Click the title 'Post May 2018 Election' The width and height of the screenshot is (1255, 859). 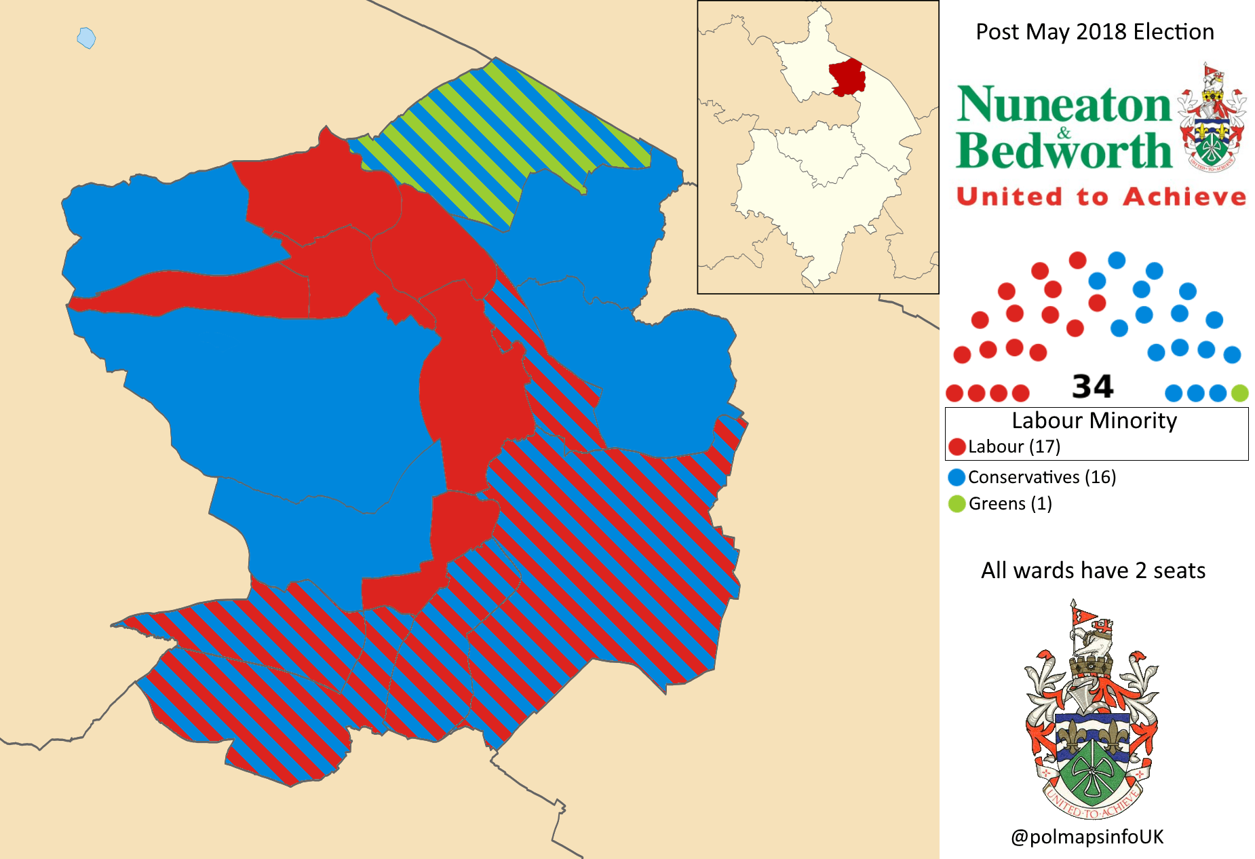[x=1094, y=32]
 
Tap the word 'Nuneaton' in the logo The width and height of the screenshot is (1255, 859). [x=1064, y=105]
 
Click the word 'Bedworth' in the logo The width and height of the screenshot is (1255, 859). [x=1064, y=151]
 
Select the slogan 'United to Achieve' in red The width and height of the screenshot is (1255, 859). [x=1101, y=197]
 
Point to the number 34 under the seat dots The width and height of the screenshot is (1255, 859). [x=1092, y=387]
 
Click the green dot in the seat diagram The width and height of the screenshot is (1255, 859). [x=1239, y=393]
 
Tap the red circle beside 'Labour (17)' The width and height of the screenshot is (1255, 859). [x=957, y=446]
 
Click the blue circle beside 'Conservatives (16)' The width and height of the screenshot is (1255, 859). [x=957, y=477]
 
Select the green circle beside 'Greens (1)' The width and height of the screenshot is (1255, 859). [x=957, y=503]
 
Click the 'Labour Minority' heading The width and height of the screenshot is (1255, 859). [x=1094, y=421]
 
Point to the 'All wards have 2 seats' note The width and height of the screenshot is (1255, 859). [x=1093, y=571]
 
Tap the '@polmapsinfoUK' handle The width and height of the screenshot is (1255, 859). [x=1087, y=837]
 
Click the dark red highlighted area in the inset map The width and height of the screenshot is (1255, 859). [x=847, y=77]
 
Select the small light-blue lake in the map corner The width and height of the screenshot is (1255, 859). [x=86, y=38]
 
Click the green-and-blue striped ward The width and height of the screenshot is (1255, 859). [x=502, y=136]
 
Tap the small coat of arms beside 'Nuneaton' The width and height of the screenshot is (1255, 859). [x=1212, y=119]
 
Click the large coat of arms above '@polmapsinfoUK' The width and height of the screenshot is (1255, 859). [x=1091, y=712]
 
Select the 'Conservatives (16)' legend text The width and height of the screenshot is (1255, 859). [x=1041, y=477]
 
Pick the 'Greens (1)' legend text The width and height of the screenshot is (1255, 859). [x=1010, y=503]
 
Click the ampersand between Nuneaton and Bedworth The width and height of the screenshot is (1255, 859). [x=1064, y=132]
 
